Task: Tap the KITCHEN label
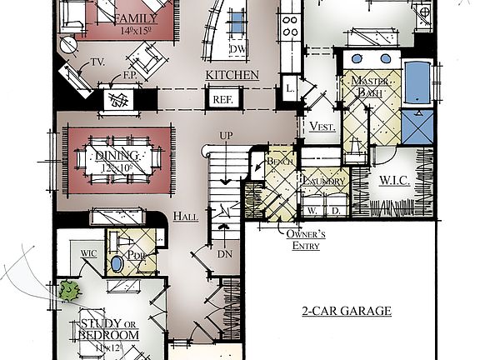pos(232,75)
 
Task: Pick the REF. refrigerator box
pos(222,99)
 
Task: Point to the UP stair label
pos(225,136)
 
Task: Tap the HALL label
pos(185,217)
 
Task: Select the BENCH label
pos(277,161)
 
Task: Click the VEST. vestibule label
pos(321,126)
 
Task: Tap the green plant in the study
pos(68,290)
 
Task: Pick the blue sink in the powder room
pos(117,265)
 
